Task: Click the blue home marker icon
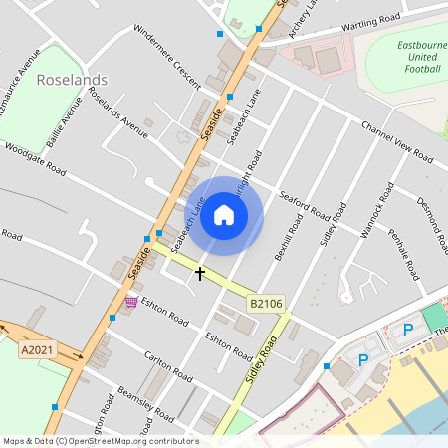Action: (x=224, y=215)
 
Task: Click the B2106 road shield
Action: (x=266, y=303)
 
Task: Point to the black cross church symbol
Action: (x=200, y=272)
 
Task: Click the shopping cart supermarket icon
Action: (x=131, y=302)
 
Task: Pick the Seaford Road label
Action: (x=305, y=205)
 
